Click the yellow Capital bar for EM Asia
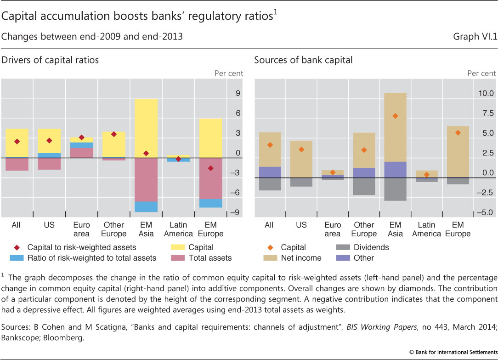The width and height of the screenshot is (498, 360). [x=147, y=128]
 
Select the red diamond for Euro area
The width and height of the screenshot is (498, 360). [x=81, y=137]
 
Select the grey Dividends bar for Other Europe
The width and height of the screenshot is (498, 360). [x=364, y=186]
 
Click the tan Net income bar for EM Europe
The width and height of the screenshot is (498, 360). [x=458, y=152]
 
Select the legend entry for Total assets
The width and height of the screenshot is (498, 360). [x=210, y=258]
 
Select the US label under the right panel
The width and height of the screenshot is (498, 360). [x=301, y=225]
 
